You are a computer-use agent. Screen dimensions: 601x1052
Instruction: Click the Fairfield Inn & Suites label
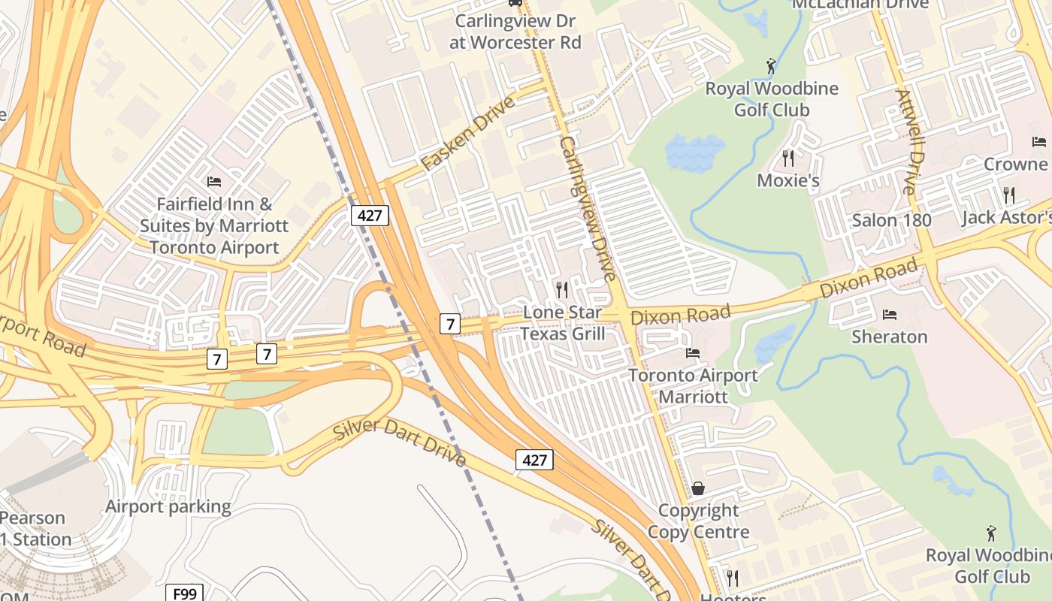point(214,225)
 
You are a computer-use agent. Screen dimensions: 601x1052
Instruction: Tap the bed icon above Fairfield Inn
point(214,182)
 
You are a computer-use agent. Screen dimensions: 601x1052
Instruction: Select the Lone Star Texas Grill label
point(562,323)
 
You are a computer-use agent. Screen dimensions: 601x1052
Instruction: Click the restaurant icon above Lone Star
point(561,289)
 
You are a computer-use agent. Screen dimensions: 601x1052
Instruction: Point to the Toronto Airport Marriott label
point(693,385)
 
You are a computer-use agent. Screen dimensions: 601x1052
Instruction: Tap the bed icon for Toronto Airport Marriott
point(692,353)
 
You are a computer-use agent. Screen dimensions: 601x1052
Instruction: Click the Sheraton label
point(889,337)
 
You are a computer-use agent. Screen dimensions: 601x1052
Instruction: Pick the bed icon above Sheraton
point(890,314)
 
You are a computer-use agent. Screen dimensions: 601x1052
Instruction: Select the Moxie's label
point(787,180)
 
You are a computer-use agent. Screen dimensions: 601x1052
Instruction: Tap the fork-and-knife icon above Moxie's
point(787,158)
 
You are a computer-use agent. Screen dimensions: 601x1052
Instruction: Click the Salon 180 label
point(891,220)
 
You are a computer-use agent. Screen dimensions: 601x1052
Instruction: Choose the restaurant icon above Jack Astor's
point(1008,195)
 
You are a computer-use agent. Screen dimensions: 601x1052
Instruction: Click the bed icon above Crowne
point(1039,141)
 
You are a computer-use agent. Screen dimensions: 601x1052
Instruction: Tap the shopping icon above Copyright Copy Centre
point(698,489)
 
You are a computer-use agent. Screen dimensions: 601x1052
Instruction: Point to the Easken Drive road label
point(467,134)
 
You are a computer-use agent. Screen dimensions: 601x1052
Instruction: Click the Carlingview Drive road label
point(588,209)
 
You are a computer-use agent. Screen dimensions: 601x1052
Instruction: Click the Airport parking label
point(168,506)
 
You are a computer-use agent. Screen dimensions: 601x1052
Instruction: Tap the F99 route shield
point(184,594)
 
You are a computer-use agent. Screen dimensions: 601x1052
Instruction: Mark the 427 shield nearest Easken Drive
point(370,216)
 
